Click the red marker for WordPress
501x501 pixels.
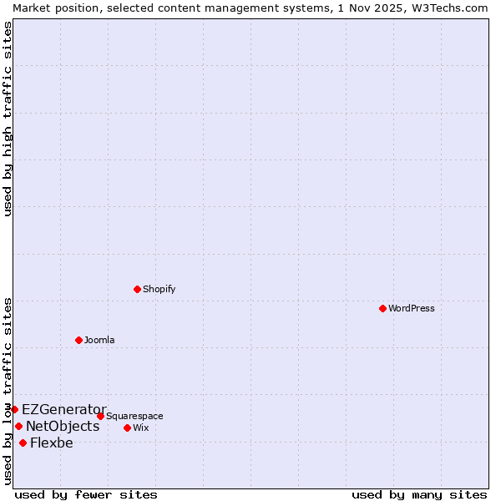(x=382, y=308)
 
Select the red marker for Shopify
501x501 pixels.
(x=137, y=289)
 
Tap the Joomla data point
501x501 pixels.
(x=78, y=340)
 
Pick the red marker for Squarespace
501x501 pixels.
(x=100, y=416)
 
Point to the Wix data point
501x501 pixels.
(x=127, y=428)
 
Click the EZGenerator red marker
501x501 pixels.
(x=14, y=409)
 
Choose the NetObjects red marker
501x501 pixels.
(x=18, y=426)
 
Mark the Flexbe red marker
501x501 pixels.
(x=23, y=443)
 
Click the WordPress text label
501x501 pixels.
(x=412, y=308)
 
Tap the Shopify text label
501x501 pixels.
(x=159, y=289)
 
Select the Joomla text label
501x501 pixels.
(x=99, y=340)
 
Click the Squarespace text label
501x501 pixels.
(x=134, y=416)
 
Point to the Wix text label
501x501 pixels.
(x=141, y=428)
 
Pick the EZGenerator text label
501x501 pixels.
(x=64, y=409)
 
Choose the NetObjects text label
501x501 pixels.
(x=63, y=426)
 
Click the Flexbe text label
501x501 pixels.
(x=52, y=443)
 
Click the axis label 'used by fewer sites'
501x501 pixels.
(x=86, y=494)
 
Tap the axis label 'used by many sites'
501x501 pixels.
(x=419, y=494)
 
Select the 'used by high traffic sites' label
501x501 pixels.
(x=8, y=119)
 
